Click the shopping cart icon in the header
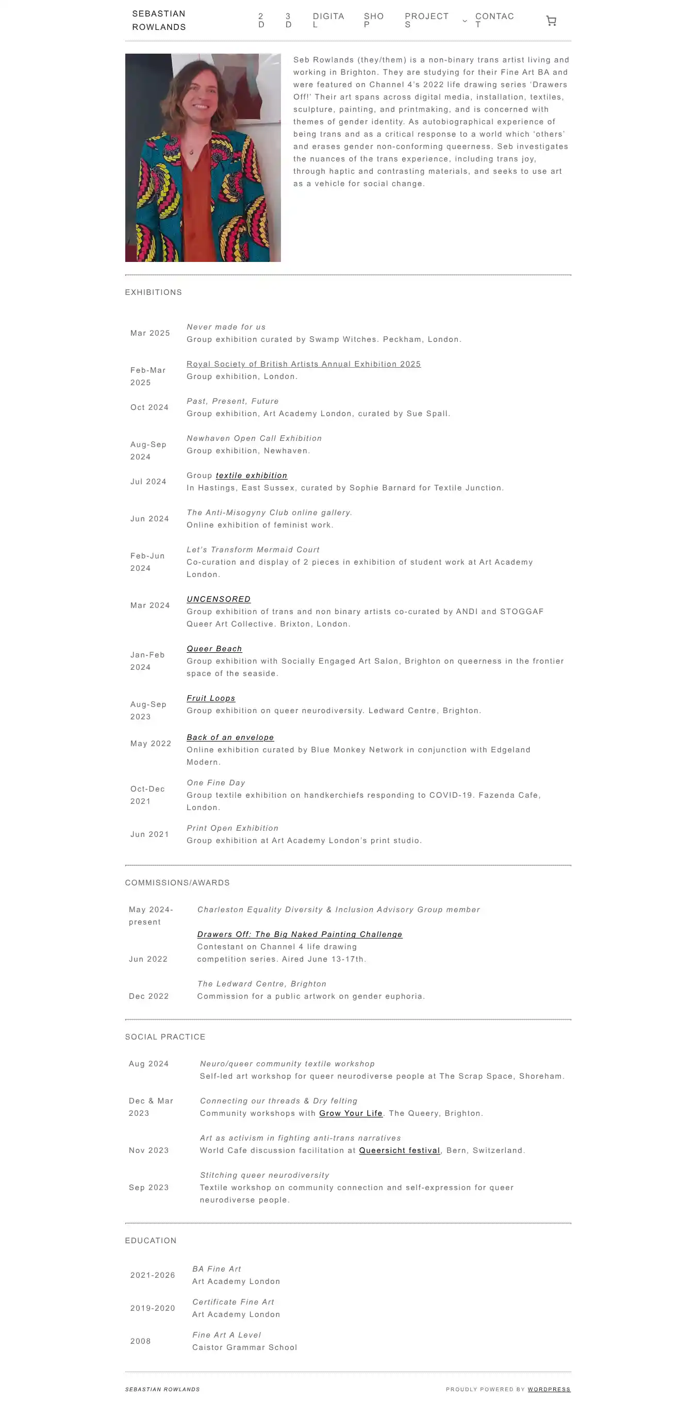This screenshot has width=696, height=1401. (x=551, y=21)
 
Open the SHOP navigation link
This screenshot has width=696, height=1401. (x=374, y=20)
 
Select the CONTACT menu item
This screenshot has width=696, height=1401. (x=494, y=20)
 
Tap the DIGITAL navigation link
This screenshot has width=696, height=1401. (x=328, y=20)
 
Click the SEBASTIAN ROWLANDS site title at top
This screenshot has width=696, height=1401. (x=159, y=20)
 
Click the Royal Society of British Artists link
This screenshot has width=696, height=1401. (x=304, y=364)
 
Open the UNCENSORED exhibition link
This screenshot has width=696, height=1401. (x=218, y=599)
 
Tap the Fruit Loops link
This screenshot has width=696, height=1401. (x=210, y=698)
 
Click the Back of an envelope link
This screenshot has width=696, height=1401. (x=230, y=737)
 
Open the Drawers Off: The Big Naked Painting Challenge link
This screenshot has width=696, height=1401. (x=300, y=934)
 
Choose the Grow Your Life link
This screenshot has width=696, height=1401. (x=351, y=1113)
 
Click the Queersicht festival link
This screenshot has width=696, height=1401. (x=399, y=1150)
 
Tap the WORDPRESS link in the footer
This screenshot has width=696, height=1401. (x=549, y=1389)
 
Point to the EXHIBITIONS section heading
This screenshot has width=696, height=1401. (x=153, y=292)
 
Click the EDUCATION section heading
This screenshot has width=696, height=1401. (x=151, y=1240)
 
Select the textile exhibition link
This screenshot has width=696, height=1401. (x=251, y=475)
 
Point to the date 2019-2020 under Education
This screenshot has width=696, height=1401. (x=152, y=1308)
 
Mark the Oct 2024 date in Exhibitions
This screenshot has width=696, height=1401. (x=149, y=407)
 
